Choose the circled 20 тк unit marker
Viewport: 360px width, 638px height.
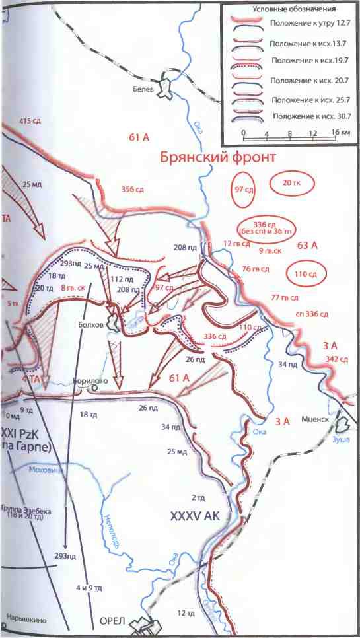[291, 182]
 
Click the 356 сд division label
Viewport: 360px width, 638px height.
[133, 190]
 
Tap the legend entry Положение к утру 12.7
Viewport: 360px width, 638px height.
[305, 23]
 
